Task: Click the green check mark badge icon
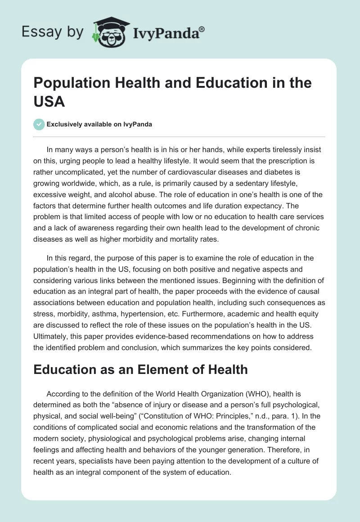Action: pos(39,124)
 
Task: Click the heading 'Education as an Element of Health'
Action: pos(140,369)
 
